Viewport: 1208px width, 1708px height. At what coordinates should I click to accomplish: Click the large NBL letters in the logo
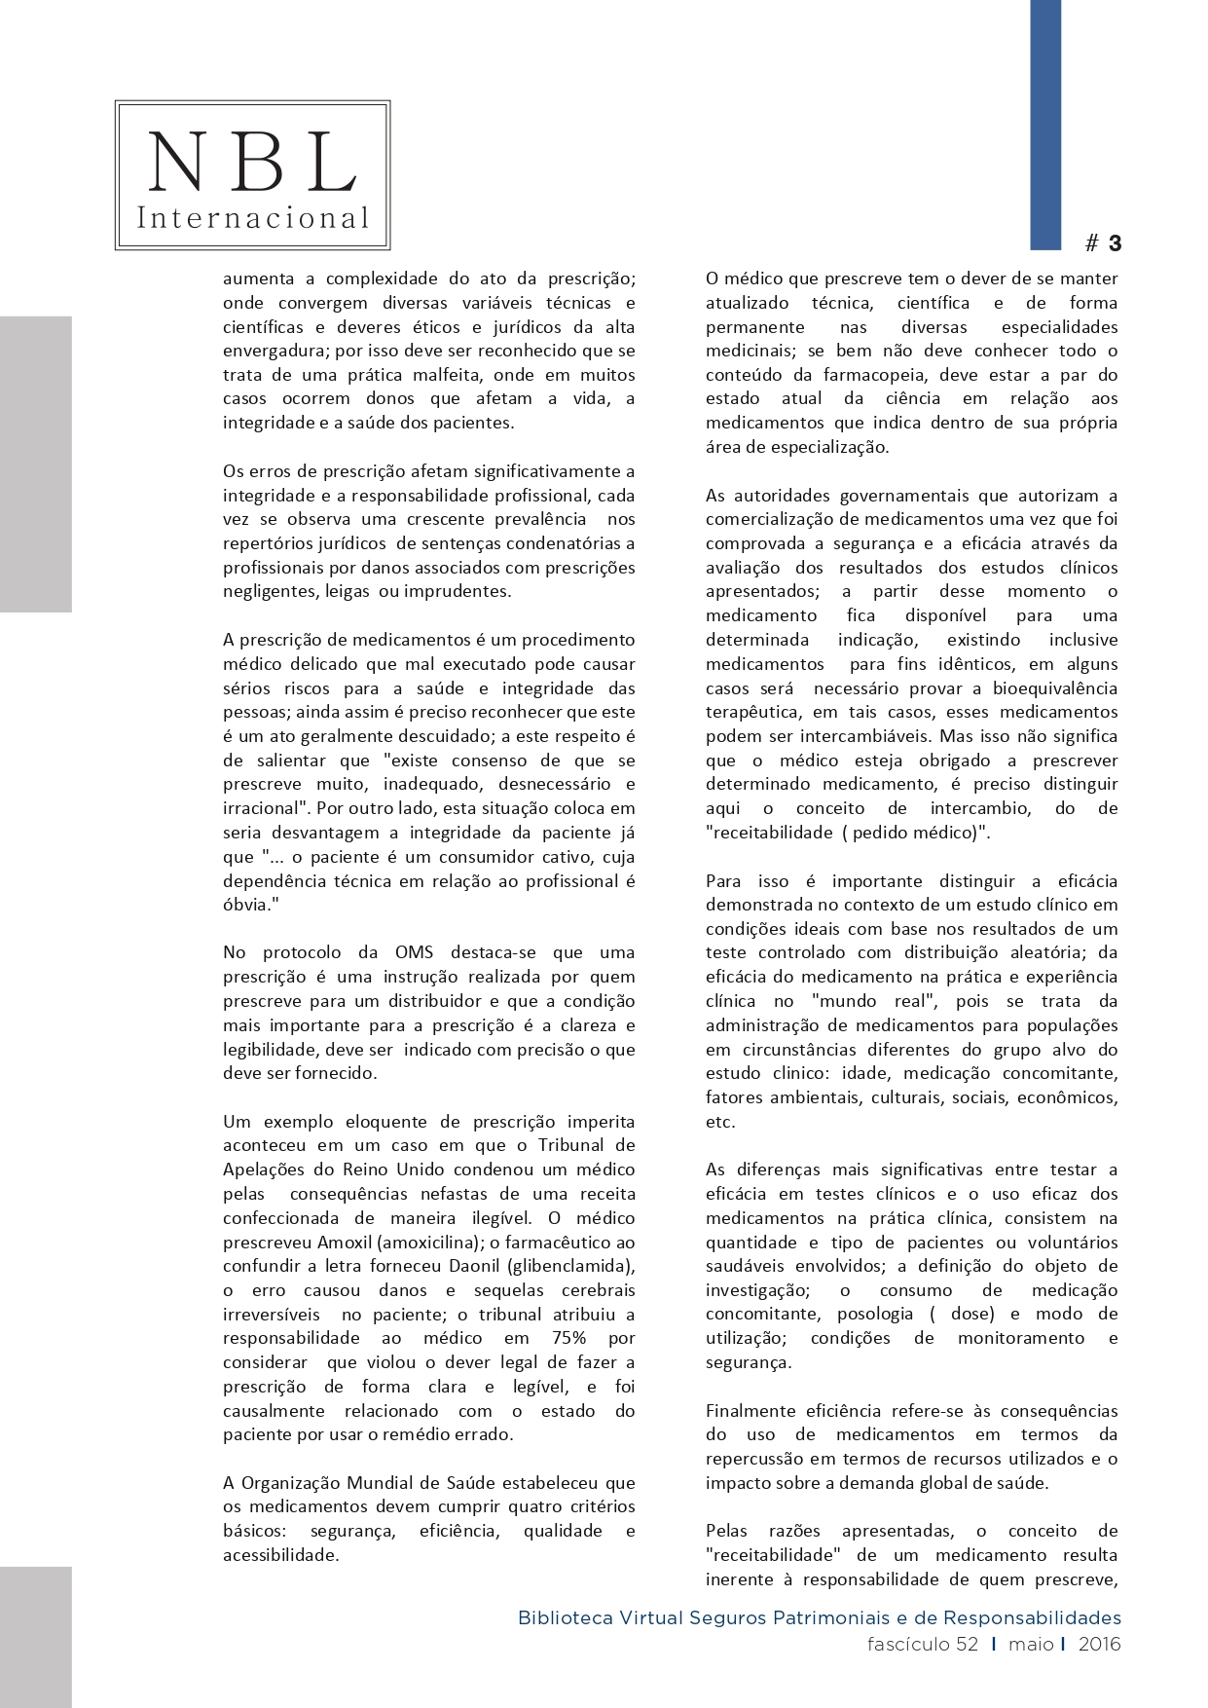tap(252, 162)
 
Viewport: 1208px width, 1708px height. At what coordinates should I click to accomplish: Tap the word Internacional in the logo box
tap(252, 217)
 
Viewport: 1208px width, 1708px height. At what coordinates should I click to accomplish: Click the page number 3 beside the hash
tap(1115, 243)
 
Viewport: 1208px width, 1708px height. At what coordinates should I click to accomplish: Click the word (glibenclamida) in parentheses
tap(581, 1266)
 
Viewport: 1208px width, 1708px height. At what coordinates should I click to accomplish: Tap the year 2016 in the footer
tap(1099, 1645)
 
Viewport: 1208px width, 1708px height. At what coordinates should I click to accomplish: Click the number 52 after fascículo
tap(967, 1645)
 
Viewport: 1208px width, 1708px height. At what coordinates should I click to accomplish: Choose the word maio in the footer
tap(1031, 1645)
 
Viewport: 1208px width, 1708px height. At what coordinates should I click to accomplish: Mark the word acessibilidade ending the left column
tap(280, 1555)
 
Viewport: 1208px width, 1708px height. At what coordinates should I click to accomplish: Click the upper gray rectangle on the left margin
tap(35, 464)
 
